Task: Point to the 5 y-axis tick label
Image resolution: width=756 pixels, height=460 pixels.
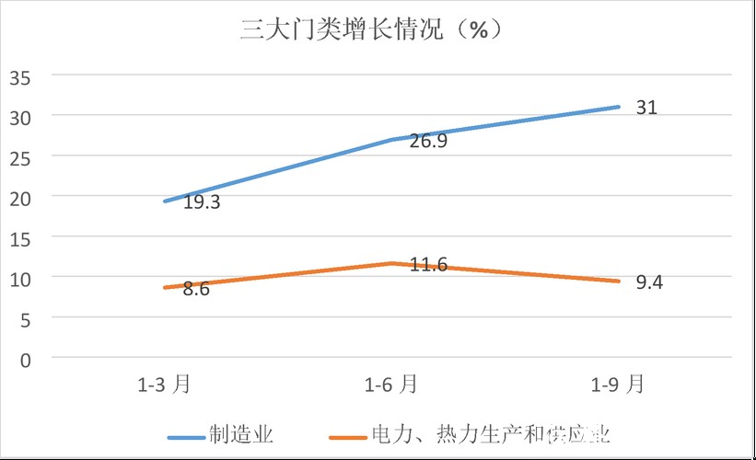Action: pyautogui.click(x=26, y=318)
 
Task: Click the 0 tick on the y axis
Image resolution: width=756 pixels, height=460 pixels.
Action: pyautogui.click(x=26, y=359)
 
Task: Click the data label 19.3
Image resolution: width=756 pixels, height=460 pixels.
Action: pyautogui.click(x=201, y=202)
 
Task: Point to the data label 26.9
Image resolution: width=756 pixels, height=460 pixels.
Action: pyautogui.click(x=428, y=142)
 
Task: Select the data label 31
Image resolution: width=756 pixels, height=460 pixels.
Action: pyautogui.click(x=646, y=108)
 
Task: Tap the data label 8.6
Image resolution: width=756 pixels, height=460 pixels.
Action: pyautogui.click(x=196, y=289)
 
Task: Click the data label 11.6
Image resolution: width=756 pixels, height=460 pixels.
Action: pyautogui.click(x=428, y=265)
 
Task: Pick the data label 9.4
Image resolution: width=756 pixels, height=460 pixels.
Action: pyautogui.click(x=649, y=282)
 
